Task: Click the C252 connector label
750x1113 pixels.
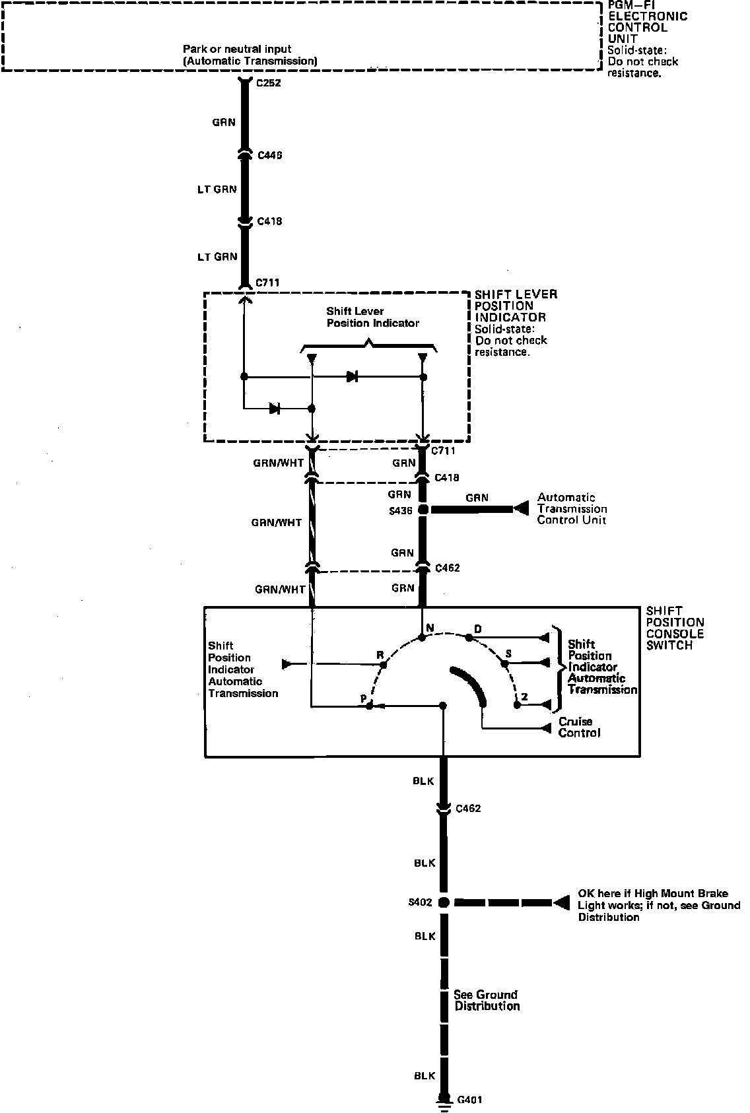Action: (269, 84)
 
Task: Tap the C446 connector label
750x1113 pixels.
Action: (269, 155)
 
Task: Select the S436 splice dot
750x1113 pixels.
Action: (423, 510)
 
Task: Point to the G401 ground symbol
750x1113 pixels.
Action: (444, 1099)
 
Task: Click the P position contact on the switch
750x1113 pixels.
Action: (370, 706)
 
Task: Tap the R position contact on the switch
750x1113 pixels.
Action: (382, 663)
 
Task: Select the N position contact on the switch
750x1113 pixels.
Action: (423, 638)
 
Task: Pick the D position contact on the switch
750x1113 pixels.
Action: (469, 638)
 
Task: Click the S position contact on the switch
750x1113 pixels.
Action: (504, 662)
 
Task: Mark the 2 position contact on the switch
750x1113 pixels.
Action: (518, 705)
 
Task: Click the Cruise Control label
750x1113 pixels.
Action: (579, 727)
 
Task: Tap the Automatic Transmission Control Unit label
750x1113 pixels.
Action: (572, 508)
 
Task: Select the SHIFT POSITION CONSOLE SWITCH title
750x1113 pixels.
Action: (675, 628)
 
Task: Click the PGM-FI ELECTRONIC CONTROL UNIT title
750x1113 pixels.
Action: (647, 22)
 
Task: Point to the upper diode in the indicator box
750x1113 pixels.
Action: (352, 377)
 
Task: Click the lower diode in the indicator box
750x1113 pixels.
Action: (275, 409)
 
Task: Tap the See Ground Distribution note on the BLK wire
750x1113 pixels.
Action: (486, 1000)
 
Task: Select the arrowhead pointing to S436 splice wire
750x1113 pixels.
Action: (522, 509)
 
